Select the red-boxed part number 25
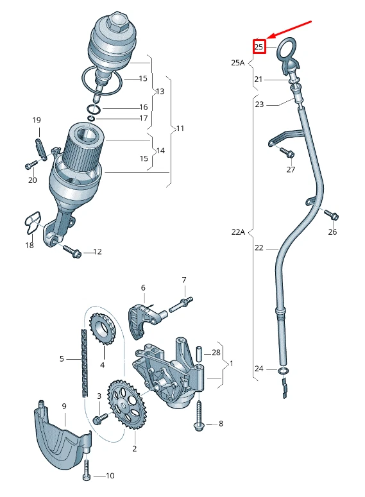coord(259,47)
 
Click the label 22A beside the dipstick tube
coord(238,232)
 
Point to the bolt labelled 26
coord(330,214)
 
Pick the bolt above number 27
coord(287,153)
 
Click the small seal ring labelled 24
coord(283,370)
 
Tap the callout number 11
coord(180,128)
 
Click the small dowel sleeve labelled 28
coord(199,353)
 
